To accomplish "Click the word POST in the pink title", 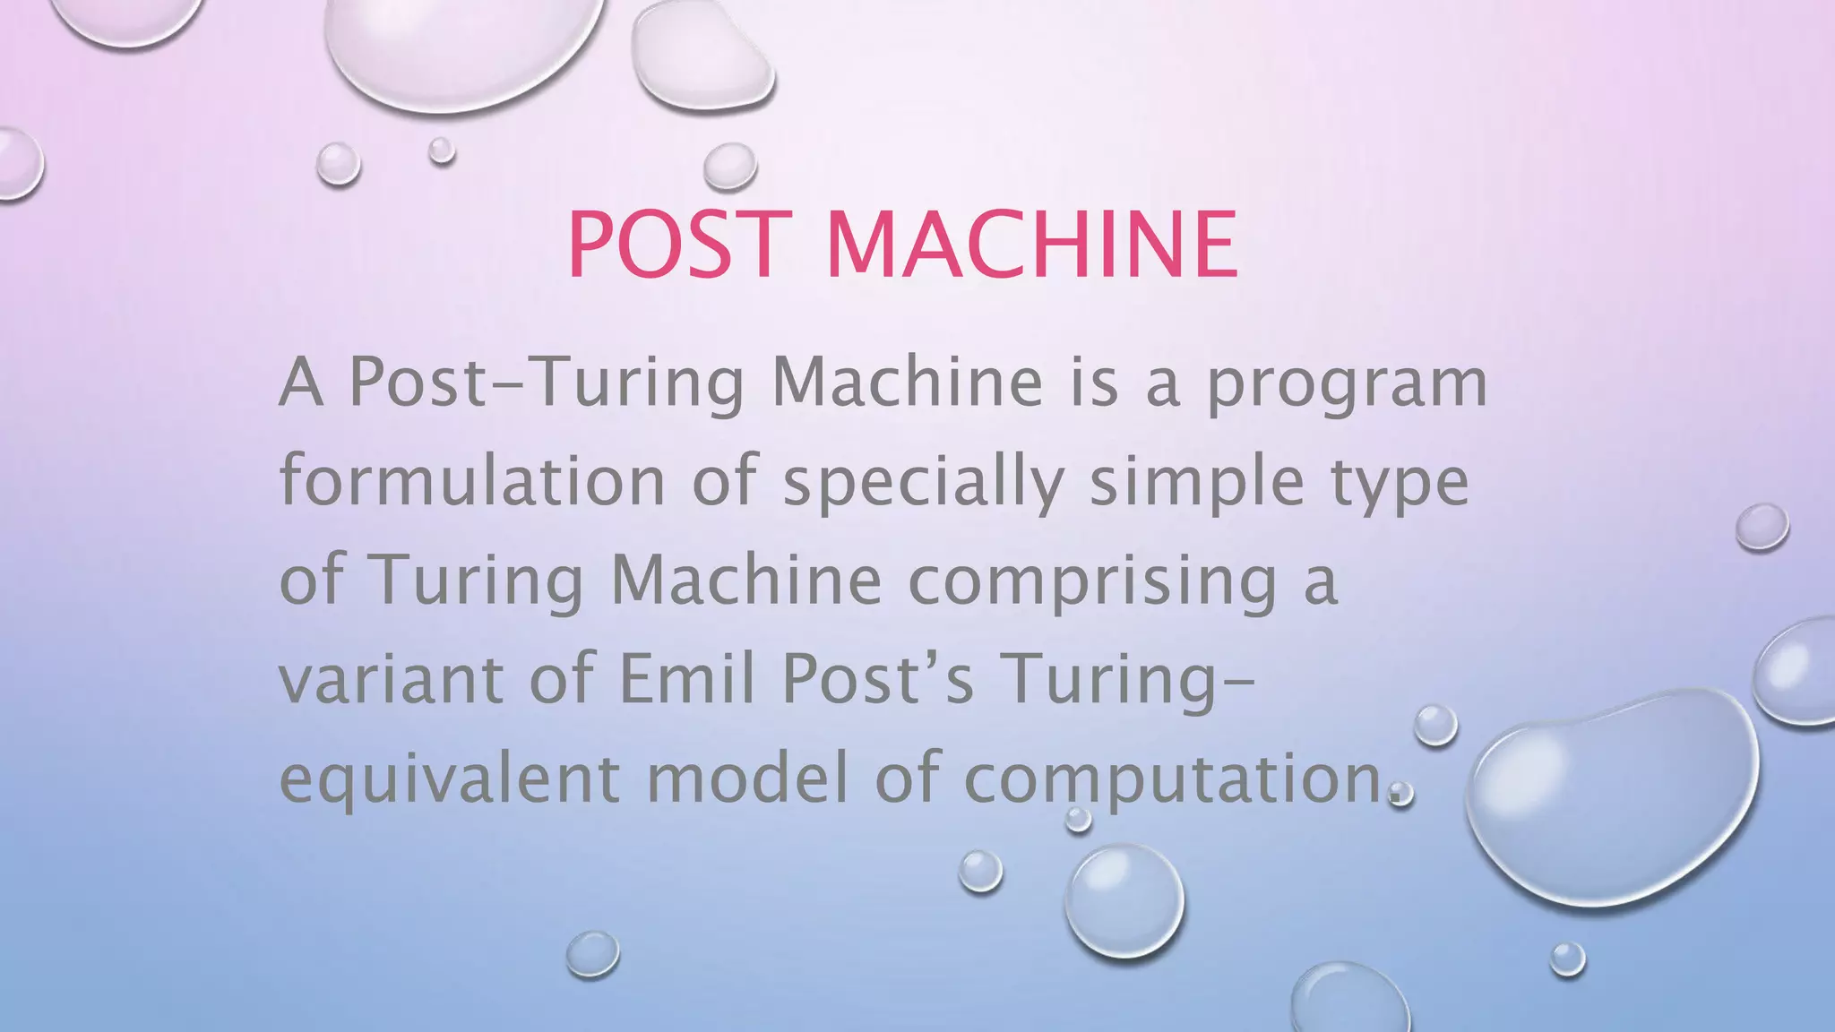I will click(x=680, y=245).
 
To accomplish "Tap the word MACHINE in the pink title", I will click(x=1031, y=245).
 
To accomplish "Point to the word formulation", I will click(x=473, y=481).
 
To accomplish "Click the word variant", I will click(x=392, y=678).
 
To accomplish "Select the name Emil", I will click(x=686, y=678).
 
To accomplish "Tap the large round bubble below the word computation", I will click(x=1124, y=900).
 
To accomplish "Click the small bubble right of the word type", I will click(x=1762, y=526).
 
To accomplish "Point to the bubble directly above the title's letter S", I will click(x=729, y=167).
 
